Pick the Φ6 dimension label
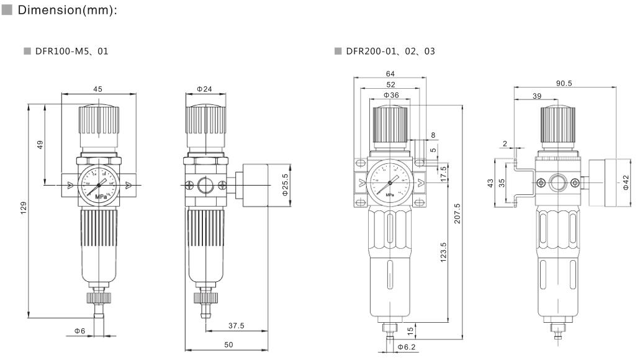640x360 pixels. point(80,330)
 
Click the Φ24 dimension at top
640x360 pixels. point(204,89)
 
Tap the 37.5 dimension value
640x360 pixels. point(235,325)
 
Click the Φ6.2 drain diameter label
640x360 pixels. point(407,347)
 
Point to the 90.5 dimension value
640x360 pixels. point(564,83)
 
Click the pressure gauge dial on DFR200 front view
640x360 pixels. point(390,182)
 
